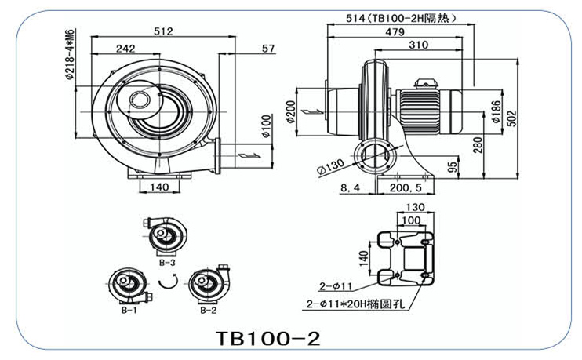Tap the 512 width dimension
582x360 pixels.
163,31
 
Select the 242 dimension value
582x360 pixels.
125,49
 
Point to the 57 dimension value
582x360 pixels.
267,49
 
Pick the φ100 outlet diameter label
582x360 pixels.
266,128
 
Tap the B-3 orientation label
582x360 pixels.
166,263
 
